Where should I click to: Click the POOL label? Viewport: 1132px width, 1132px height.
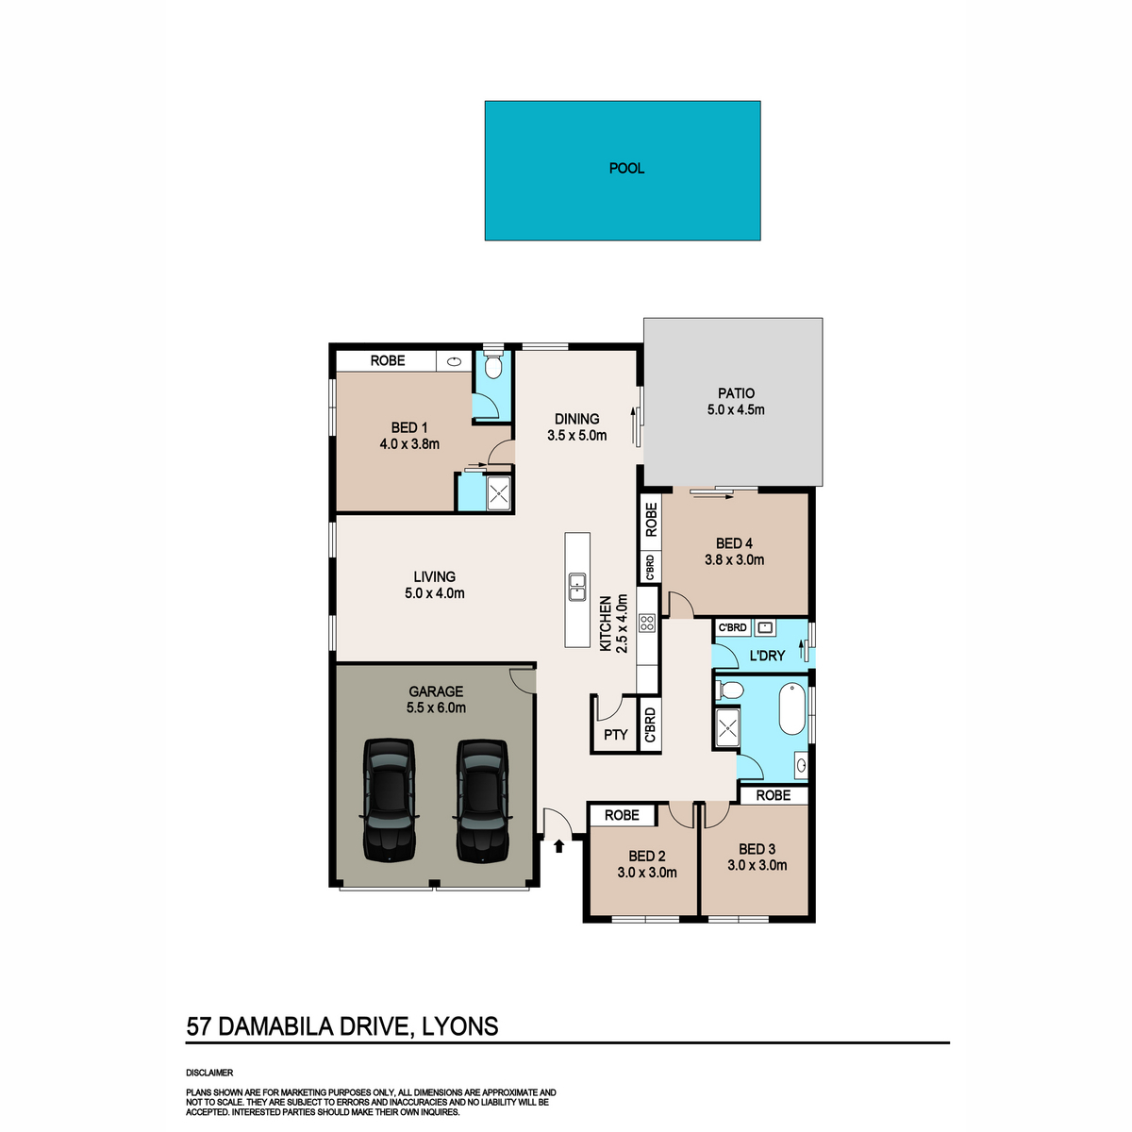tap(626, 169)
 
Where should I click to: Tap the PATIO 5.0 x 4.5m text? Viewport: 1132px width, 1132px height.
tap(736, 401)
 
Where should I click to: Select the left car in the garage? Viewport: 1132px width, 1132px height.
tap(389, 800)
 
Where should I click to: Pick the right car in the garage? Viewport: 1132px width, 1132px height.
tap(482, 800)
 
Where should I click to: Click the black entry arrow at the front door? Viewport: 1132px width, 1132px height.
tap(559, 846)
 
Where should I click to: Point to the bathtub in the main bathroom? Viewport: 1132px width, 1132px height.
tap(791, 708)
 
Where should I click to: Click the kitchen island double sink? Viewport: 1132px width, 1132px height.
tap(577, 587)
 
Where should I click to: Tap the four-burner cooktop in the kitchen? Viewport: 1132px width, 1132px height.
tap(647, 623)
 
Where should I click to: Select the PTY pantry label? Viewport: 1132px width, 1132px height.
tap(616, 734)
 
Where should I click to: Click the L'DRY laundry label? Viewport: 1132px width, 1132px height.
tap(767, 655)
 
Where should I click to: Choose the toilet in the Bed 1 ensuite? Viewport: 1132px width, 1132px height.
tap(492, 365)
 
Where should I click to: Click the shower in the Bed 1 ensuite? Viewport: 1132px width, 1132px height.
tap(499, 493)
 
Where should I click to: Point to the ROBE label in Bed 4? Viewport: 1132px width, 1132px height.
tap(651, 520)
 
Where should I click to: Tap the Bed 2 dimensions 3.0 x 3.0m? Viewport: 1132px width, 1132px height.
tap(647, 873)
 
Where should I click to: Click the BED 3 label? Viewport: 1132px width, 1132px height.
tap(757, 849)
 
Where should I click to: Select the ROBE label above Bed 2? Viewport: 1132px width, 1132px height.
tap(622, 815)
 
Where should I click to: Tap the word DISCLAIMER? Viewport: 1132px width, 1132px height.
tap(209, 1073)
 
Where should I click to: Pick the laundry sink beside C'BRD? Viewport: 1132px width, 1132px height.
tap(765, 627)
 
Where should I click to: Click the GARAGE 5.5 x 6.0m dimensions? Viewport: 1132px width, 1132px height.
tap(436, 707)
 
